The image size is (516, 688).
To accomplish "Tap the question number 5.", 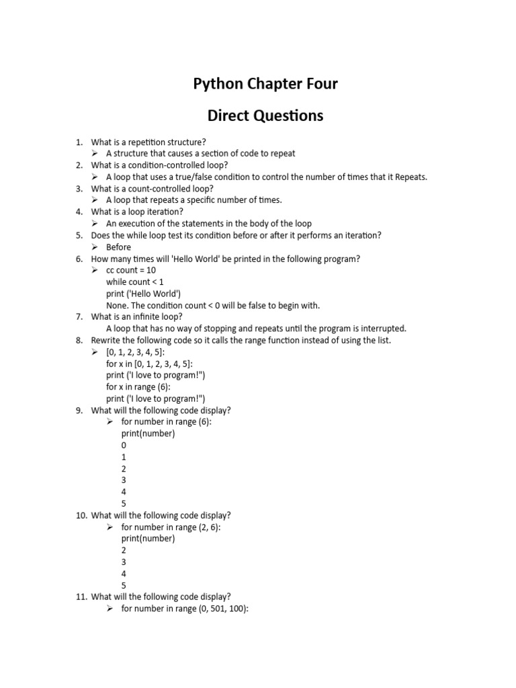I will click(79, 235).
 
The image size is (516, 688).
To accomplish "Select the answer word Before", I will click(119, 247).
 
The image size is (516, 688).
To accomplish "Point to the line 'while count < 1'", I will click(134, 282).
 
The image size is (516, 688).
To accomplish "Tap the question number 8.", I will click(79, 341).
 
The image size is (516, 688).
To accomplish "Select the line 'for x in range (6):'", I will click(138, 387).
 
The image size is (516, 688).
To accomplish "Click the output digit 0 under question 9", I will click(124, 445).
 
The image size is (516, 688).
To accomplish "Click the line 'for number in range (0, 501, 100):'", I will click(185, 609).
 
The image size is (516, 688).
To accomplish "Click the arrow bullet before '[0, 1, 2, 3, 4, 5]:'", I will click(95, 352).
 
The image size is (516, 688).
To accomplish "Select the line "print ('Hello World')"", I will click(143, 294).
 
